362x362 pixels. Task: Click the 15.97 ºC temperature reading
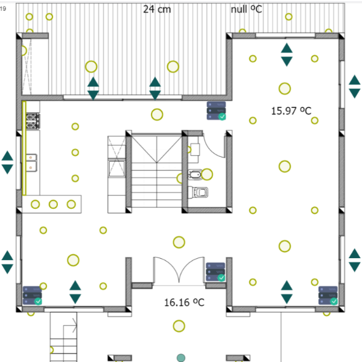(x=291, y=111)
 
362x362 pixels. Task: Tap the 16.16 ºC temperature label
(x=184, y=302)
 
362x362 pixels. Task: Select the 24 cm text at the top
(x=157, y=9)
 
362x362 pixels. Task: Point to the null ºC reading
(x=246, y=9)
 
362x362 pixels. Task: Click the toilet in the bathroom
(x=198, y=192)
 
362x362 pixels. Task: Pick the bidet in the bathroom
(x=195, y=174)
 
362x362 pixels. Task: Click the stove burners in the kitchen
(x=33, y=121)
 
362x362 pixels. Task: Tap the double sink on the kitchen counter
(x=31, y=163)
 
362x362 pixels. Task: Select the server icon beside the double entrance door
(x=216, y=272)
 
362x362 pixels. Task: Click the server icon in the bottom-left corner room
(x=33, y=296)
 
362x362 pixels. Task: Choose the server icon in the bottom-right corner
(x=328, y=296)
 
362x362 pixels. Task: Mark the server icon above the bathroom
(x=217, y=111)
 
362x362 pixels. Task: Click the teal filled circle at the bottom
(x=181, y=358)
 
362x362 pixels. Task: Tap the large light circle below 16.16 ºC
(x=179, y=326)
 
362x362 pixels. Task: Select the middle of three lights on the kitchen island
(x=53, y=205)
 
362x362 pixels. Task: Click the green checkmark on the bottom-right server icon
(x=334, y=301)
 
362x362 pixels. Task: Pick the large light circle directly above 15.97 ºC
(x=285, y=89)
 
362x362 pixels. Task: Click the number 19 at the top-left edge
(x=3, y=9)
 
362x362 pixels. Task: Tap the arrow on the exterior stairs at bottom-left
(x=70, y=326)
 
